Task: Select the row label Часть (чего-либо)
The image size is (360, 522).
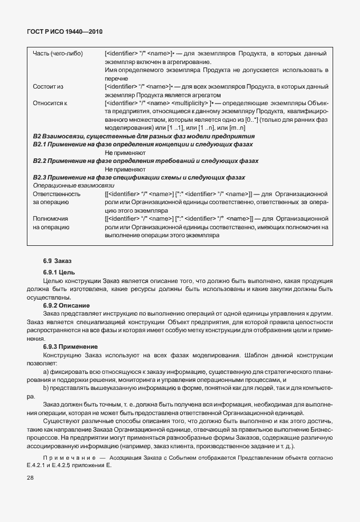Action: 58,54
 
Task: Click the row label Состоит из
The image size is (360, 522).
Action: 48,86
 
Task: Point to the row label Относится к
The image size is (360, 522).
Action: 50,103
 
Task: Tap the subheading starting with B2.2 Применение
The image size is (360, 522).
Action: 146,161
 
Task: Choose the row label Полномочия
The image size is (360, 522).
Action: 51,218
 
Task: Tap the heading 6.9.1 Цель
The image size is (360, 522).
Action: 59,272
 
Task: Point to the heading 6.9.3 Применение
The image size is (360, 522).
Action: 70,347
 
